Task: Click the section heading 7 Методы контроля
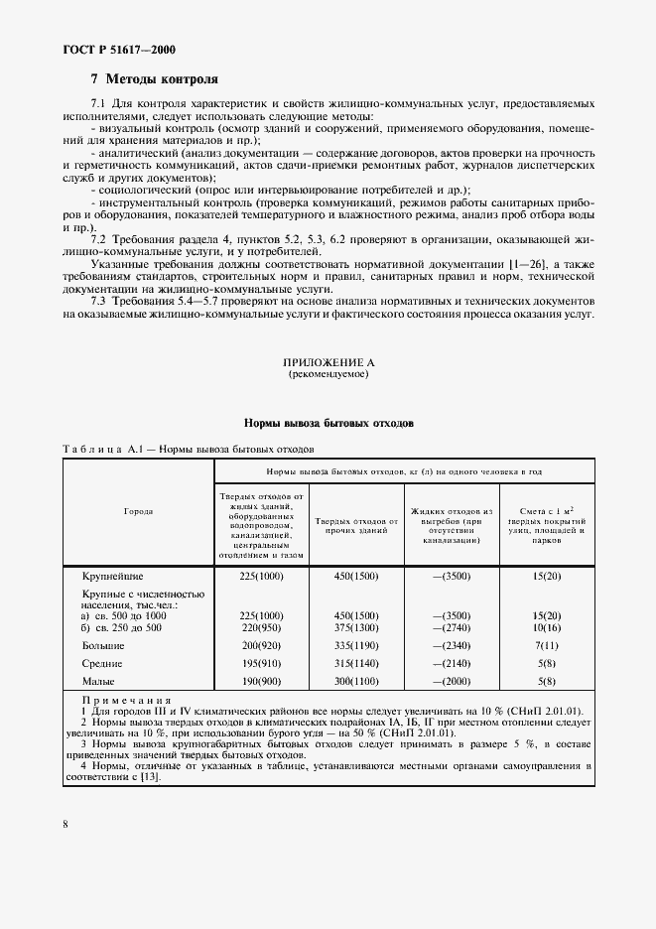point(154,78)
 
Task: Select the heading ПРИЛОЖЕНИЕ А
point(328,365)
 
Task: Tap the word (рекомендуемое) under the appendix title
point(328,376)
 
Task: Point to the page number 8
point(65,823)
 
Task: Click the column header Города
point(138,511)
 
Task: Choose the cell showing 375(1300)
point(356,627)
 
